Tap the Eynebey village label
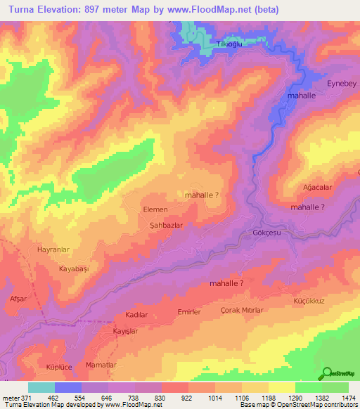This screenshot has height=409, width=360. click(342, 84)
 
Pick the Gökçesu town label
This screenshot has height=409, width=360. click(266, 233)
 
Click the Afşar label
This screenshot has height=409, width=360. click(18, 299)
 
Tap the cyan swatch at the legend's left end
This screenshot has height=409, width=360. click(41, 387)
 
